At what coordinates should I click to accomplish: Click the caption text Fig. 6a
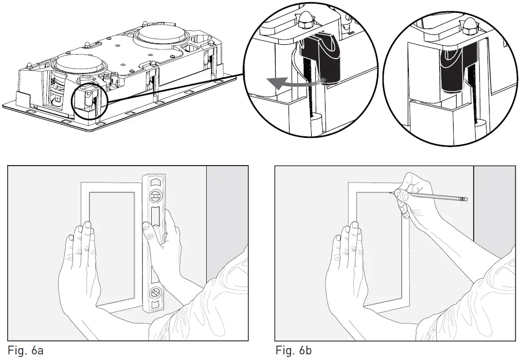tap(25, 351)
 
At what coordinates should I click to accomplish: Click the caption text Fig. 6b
tap(293, 351)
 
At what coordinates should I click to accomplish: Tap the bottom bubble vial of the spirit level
tap(154, 294)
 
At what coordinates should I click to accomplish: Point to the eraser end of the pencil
tap(464, 199)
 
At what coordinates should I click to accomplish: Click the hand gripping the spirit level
tap(165, 231)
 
